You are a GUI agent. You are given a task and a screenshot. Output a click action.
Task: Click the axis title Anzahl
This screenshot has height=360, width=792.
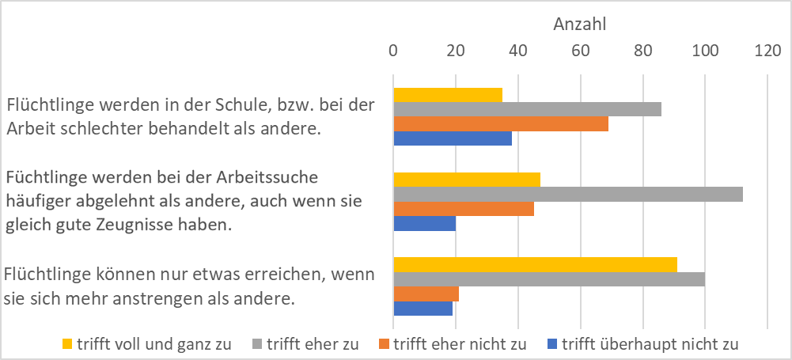tap(579, 25)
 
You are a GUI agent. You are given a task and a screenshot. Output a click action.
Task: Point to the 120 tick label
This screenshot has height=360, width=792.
tap(767, 51)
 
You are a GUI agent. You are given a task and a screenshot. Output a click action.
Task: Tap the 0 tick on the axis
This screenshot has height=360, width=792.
tap(393, 51)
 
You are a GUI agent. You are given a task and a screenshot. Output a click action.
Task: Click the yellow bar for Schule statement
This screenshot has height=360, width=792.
tap(448, 95)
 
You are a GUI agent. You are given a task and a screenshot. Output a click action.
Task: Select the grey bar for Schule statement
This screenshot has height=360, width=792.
tap(527, 109)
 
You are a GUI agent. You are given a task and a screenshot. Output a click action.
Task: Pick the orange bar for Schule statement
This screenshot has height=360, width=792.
tap(501, 123)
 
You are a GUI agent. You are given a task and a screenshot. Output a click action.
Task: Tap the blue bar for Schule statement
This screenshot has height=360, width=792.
tap(453, 138)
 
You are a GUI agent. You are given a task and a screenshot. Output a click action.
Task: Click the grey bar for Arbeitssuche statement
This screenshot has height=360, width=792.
tap(568, 194)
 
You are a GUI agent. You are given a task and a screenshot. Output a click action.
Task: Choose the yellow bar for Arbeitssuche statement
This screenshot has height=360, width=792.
tap(467, 180)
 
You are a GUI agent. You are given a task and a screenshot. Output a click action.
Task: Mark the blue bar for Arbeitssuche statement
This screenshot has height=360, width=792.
tap(425, 224)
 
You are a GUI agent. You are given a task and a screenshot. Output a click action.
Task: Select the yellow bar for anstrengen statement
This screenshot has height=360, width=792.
tap(535, 264)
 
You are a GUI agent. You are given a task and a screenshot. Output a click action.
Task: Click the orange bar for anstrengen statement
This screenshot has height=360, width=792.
tap(426, 294)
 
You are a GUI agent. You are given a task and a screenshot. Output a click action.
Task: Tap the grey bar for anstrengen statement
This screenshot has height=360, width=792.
tap(549, 279)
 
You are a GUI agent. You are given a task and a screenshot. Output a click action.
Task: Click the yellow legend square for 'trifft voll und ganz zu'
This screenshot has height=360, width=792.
tap(67, 344)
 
